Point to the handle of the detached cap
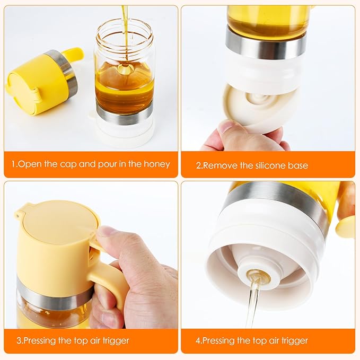(73, 55)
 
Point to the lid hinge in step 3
(20, 215)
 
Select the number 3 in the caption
(14, 340)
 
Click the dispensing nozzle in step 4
(258, 275)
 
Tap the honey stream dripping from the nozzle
(252, 308)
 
